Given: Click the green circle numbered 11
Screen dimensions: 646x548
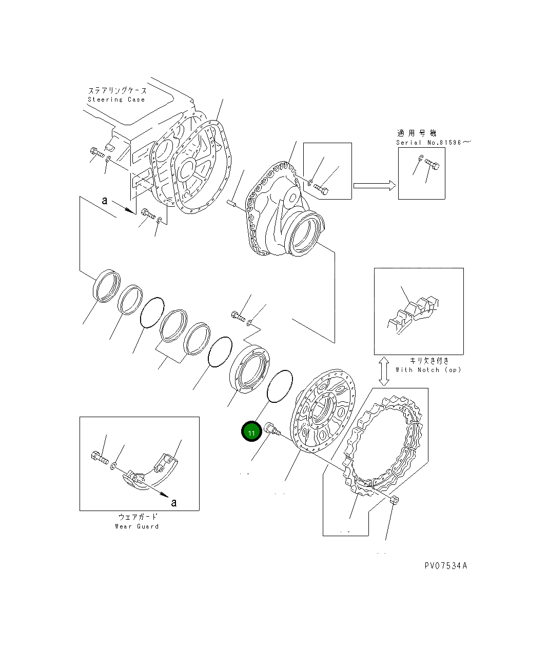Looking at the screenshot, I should (251, 433).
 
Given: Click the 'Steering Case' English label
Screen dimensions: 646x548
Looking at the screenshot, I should (116, 100).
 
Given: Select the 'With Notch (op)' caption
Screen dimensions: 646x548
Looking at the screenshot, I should (428, 369).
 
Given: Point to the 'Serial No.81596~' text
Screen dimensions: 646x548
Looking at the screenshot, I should (432, 142).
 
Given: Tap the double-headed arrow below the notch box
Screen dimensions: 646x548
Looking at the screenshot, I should (383, 371).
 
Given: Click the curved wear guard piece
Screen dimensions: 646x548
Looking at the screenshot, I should (154, 469).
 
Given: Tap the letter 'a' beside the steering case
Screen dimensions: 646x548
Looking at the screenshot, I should (105, 200).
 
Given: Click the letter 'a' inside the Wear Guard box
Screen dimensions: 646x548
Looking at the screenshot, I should (173, 502).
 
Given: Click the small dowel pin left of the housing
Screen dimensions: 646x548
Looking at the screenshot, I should (232, 203).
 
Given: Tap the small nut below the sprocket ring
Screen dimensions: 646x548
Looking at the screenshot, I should (394, 500).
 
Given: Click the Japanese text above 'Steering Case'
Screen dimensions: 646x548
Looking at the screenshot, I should (118, 91).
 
